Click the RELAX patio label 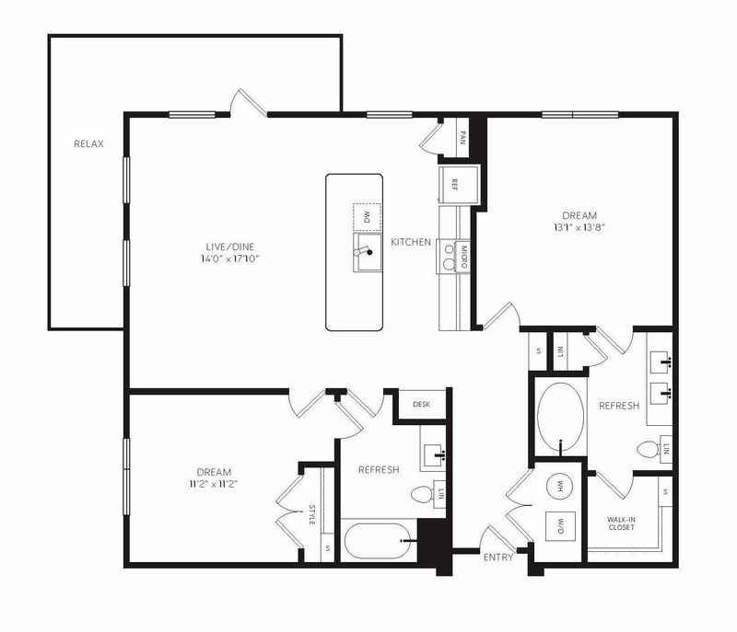(88, 144)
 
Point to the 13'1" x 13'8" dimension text (579, 227)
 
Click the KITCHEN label (411, 242)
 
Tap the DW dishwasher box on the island (367, 217)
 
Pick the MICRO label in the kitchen (464, 257)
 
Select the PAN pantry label (462, 137)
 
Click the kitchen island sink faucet (363, 251)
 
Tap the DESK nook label (421, 404)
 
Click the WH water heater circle (560, 485)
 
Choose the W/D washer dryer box (560, 525)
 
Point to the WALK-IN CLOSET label (621, 523)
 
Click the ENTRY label (498, 557)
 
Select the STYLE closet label (312, 514)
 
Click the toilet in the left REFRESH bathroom (422, 494)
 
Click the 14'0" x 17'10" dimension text (229, 259)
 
